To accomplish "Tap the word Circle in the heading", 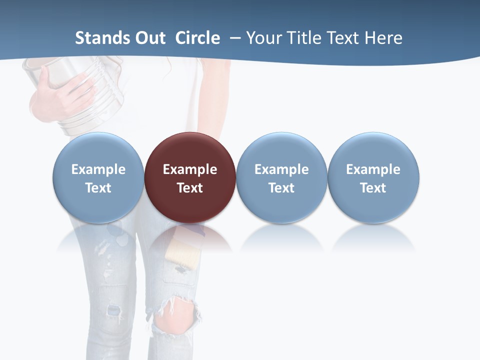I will coord(197,38).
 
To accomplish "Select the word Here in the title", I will coord(383,38).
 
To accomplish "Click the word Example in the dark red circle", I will coord(190,169).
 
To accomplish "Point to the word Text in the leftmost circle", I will coord(98,188).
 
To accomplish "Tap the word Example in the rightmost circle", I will coord(373,169).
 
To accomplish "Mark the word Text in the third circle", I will coord(281,188).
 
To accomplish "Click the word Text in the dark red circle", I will coord(190,188).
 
